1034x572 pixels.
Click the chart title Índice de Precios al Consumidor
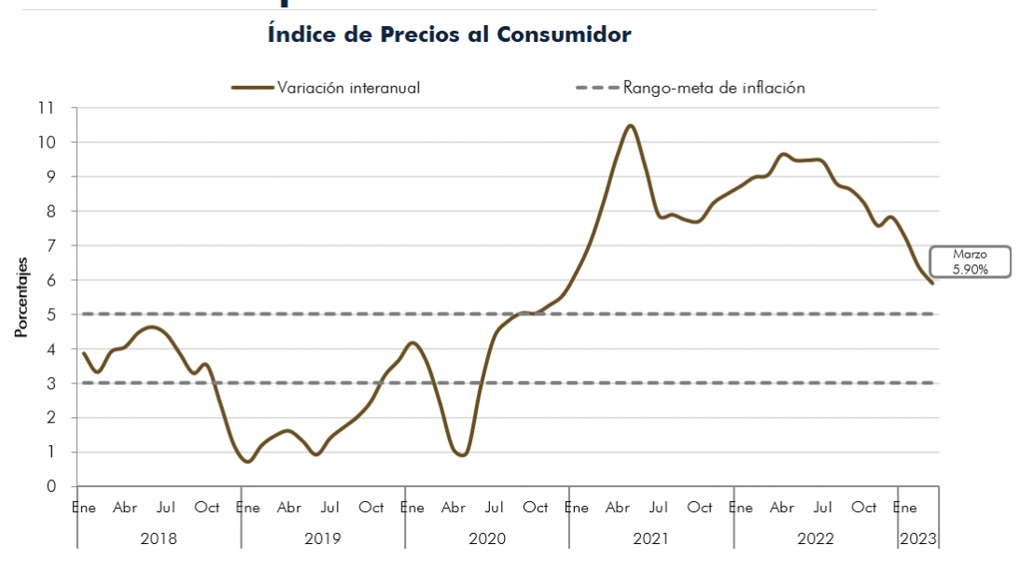click(449, 35)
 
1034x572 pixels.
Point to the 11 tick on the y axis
click(47, 108)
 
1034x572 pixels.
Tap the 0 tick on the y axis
click(51, 486)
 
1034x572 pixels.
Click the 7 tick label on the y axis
click(51, 245)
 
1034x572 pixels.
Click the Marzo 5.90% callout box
click(970, 261)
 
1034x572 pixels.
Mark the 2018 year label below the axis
click(159, 538)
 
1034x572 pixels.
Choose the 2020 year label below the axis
click(486, 538)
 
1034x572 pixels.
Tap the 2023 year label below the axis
click(917, 538)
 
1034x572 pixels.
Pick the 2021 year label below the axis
click(650, 538)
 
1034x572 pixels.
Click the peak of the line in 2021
click(631, 125)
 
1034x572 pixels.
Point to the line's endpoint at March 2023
click(932, 283)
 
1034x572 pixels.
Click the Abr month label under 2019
click(289, 508)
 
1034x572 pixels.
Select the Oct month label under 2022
click(864, 508)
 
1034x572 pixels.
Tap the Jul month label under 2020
click(495, 508)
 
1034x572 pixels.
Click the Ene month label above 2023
click(904, 508)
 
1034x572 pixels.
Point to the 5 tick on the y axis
click(51, 314)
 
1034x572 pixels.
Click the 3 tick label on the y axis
click(51, 384)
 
